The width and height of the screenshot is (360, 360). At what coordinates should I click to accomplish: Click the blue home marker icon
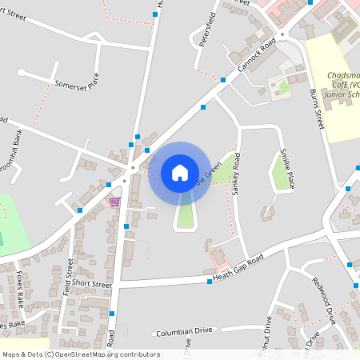tap(179, 173)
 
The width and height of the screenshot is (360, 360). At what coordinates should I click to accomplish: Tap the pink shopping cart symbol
tap(114, 202)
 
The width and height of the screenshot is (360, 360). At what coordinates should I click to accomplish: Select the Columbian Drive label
tap(184, 330)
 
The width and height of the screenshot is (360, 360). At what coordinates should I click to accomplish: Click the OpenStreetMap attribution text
tap(81, 354)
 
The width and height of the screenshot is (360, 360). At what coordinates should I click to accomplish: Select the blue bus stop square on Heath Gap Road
tap(210, 282)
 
